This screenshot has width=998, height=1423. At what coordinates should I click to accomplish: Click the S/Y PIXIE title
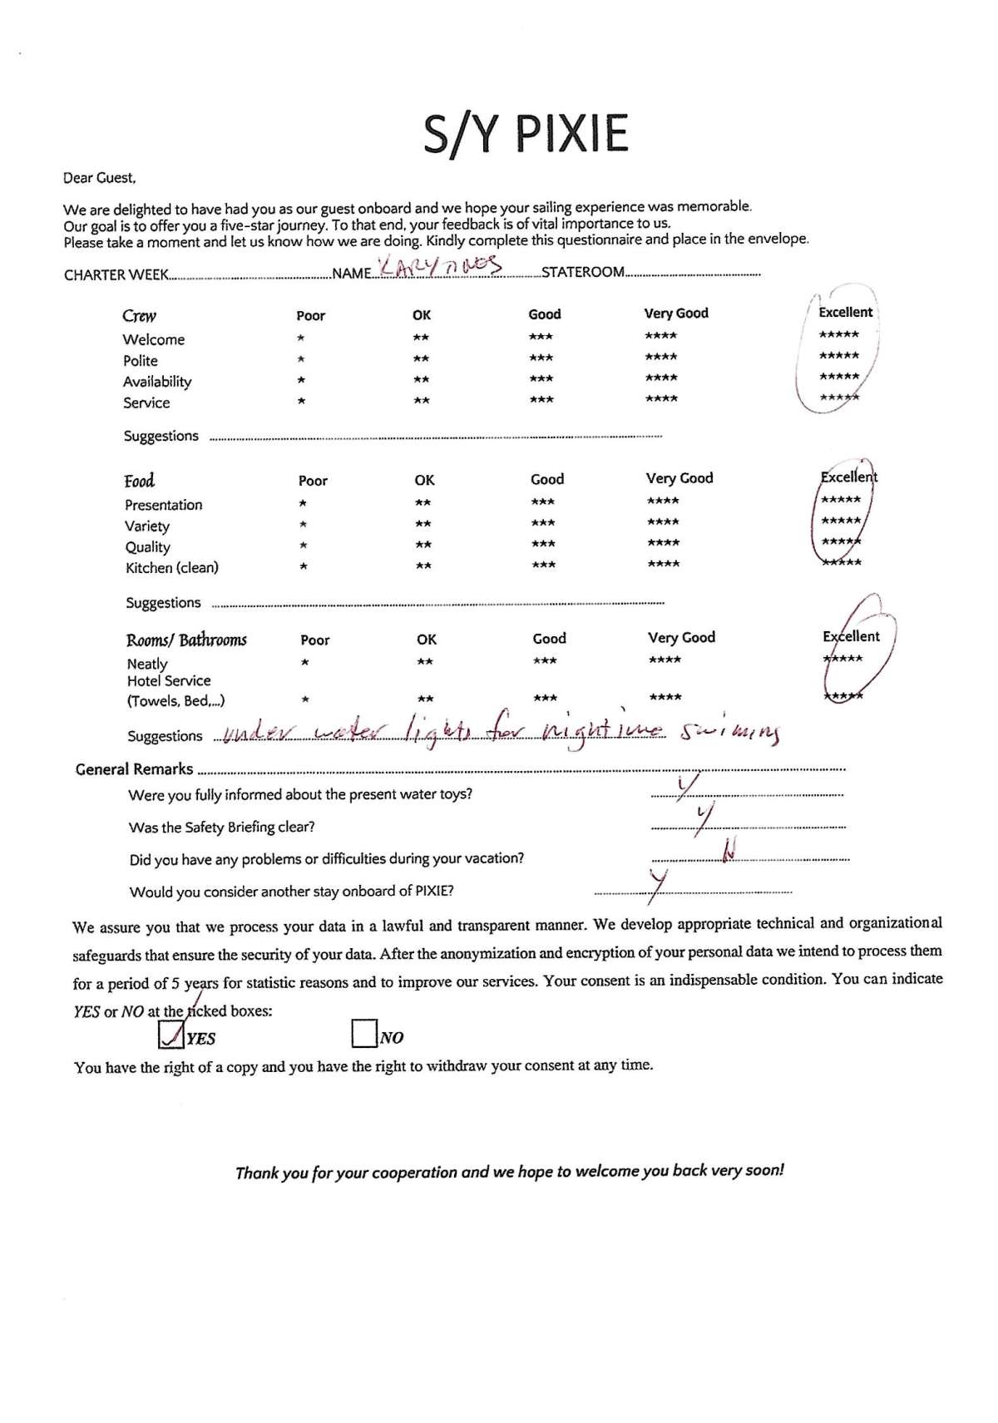pyautogui.click(x=526, y=134)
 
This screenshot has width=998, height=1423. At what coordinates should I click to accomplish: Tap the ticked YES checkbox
pyautogui.click(x=171, y=1034)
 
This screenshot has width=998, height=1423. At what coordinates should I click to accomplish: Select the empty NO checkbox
pyautogui.click(x=364, y=1034)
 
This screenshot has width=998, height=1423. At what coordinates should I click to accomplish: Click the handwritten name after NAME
pyautogui.click(x=439, y=267)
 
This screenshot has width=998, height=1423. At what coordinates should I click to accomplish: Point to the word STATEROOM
pyautogui.click(x=583, y=272)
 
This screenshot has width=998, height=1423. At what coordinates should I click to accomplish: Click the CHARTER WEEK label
pyautogui.click(x=116, y=275)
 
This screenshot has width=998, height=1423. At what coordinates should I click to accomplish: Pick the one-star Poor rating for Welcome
pyautogui.click(x=301, y=338)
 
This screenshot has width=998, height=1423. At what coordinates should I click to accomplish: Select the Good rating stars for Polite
pyautogui.click(x=541, y=358)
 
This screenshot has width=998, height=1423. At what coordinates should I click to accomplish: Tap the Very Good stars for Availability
pyautogui.click(x=660, y=378)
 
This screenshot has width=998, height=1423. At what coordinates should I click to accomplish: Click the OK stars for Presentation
pyautogui.click(x=423, y=502)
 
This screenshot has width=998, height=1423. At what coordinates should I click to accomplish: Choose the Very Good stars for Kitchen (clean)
pyautogui.click(x=663, y=565)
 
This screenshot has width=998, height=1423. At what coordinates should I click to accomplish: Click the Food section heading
pyautogui.click(x=140, y=482)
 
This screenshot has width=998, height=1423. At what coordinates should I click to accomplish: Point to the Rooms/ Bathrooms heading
pyautogui.click(x=186, y=640)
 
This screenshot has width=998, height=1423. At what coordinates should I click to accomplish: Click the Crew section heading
pyautogui.click(x=139, y=316)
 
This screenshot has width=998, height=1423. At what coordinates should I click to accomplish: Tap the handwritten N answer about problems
pyautogui.click(x=730, y=850)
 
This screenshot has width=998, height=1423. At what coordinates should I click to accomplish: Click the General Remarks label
pyautogui.click(x=134, y=769)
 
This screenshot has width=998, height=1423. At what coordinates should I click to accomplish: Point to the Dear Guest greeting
pyautogui.click(x=99, y=177)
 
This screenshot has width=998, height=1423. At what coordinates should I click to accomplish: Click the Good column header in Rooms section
pyautogui.click(x=549, y=638)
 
